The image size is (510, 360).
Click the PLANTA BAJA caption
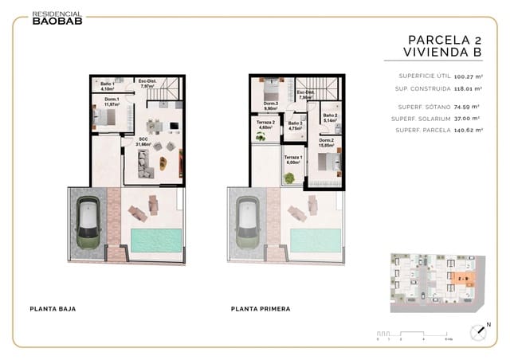[x=52, y=308]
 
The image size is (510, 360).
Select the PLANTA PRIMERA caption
[x=260, y=308]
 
